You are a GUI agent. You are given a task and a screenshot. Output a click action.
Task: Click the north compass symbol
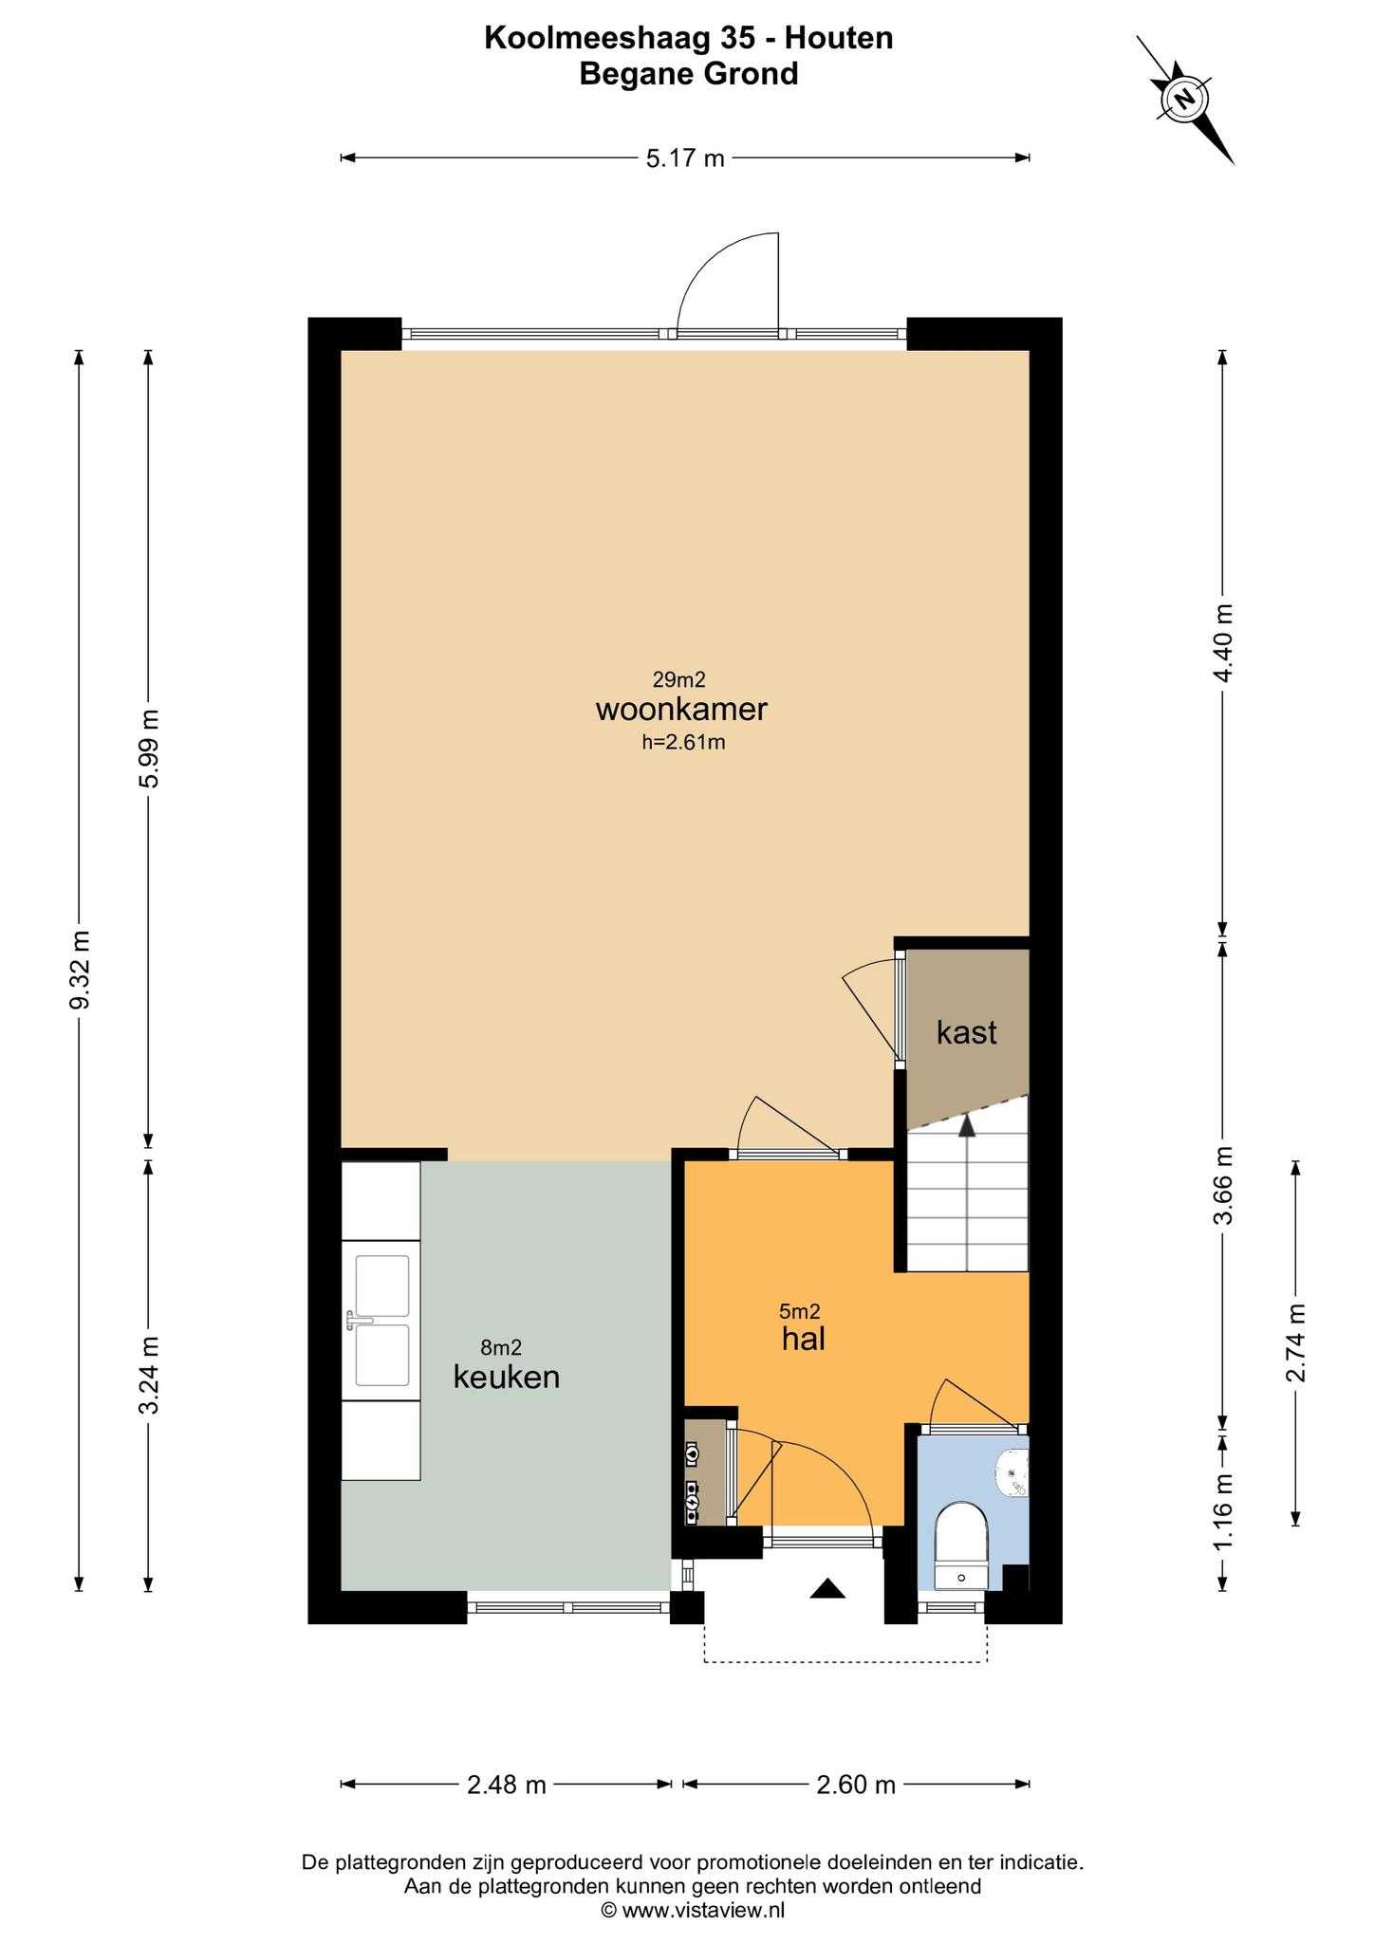coord(1184,98)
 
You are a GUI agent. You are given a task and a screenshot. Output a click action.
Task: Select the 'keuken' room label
coord(506,1377)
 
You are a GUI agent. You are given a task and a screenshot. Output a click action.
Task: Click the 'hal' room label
coord(803,1339)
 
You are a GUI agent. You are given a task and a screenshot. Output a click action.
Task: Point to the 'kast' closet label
coord(966,1032)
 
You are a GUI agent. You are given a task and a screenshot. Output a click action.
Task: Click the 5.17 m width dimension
coord(685,157)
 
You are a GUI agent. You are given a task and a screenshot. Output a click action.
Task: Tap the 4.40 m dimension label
coord(1223,643)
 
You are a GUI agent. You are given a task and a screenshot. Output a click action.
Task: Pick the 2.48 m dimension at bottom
coord(507,1785)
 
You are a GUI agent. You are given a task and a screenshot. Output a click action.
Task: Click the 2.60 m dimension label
coord(856,1785)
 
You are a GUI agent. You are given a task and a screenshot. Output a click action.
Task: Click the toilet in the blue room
coord(961,1545)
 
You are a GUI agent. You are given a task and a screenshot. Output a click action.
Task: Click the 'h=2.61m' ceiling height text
coord(683,742)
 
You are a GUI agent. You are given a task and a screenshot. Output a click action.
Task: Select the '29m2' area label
coord(679,679)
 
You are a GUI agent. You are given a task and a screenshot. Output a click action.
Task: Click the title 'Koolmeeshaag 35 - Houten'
coord(689,38)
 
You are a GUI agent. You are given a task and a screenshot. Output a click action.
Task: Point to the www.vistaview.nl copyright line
coord(693,1910)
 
